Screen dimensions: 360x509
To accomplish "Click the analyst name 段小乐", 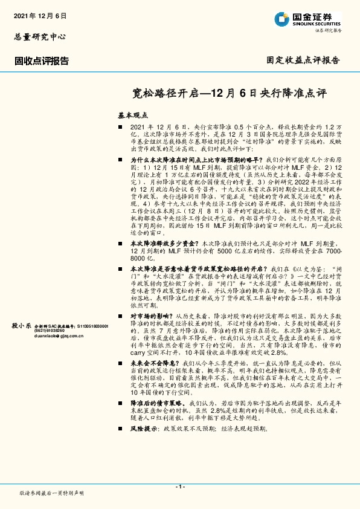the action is coord(21,325).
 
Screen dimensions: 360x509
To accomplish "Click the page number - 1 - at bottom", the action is coord(180,486).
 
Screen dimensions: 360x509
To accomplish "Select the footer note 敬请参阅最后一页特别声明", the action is coord(52,493).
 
